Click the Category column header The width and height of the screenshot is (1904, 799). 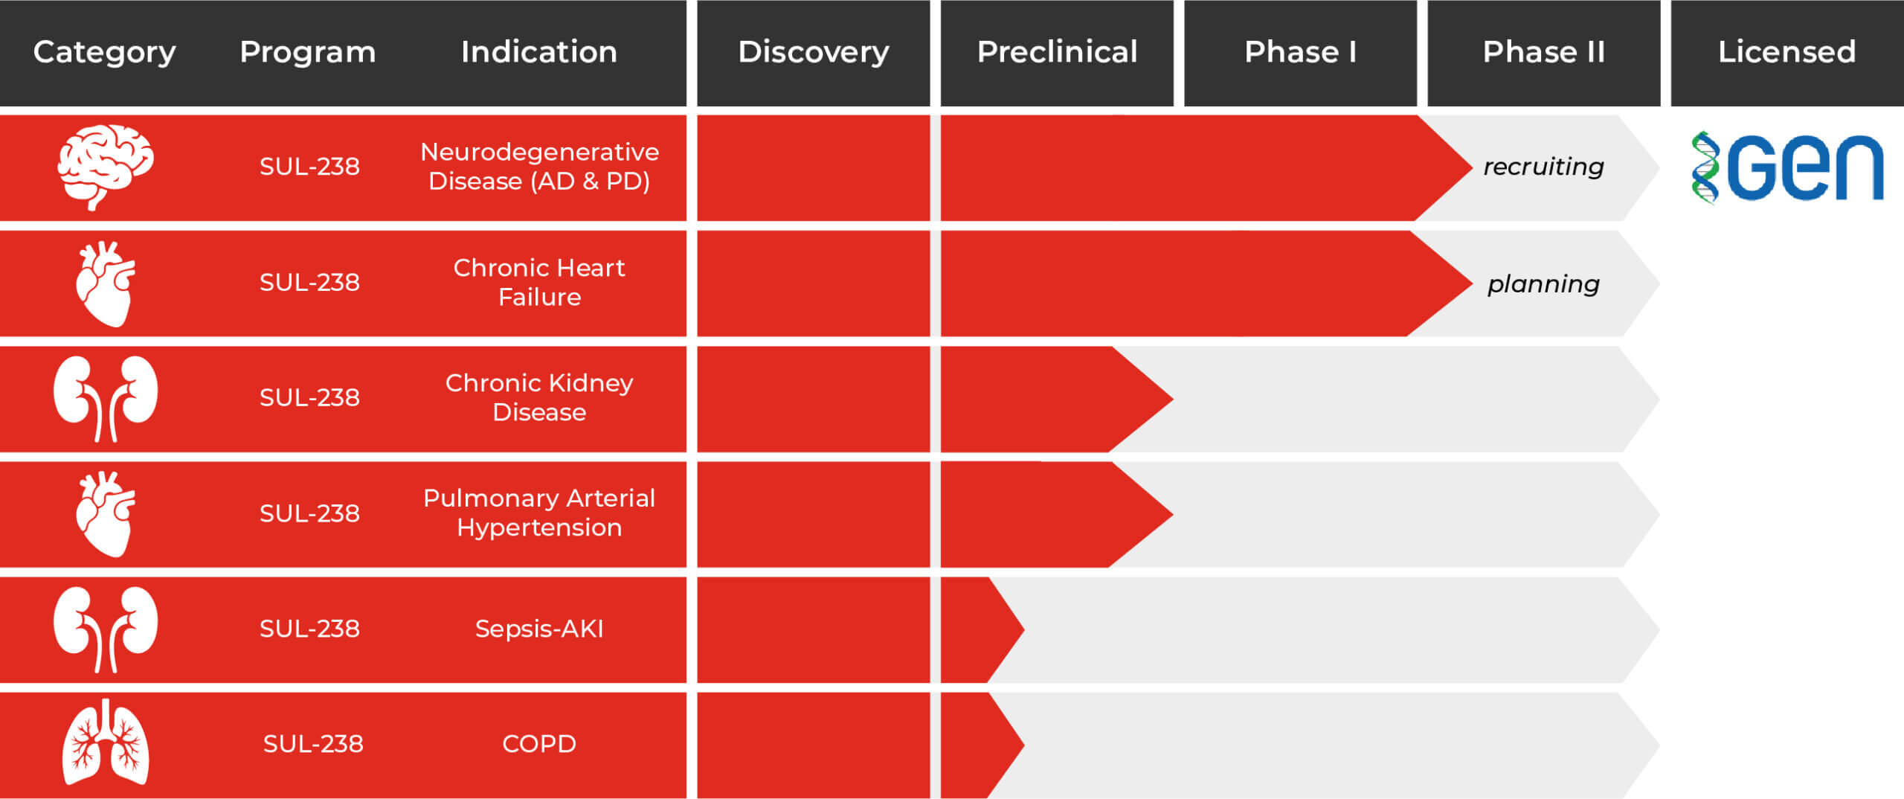[x=105, y=52]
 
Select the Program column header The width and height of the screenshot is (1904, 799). [x=308, y=52]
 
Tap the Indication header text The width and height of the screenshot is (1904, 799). [x=539, y=52]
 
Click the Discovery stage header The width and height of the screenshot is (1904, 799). [x=814, y=52]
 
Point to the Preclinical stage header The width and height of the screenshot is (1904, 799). [x=1057, y=52]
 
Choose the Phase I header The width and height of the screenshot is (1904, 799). [x=1300, y=52]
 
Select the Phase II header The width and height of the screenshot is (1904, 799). [x=1544, y=52]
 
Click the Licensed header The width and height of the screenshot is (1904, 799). [x=1787, y=52]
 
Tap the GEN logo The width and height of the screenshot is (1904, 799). [x=1787, y=167]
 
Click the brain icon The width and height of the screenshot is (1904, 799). [x=106, y=167]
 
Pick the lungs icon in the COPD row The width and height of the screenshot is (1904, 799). [x=106, y=742]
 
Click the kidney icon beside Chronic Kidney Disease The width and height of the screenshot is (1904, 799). [x=106, y=399]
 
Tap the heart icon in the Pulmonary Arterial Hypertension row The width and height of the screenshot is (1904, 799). [x=106, y=513]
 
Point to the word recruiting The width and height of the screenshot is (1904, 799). [x=1543, y=167]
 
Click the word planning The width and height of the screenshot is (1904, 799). [x=1543, y=283]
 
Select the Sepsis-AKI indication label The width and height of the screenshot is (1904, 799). [x=539, y=629]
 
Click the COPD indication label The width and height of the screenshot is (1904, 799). [x=539, y=744]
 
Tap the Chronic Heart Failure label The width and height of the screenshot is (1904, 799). [x=539, y=282]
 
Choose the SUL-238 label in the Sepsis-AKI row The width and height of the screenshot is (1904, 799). [x=309, y=629]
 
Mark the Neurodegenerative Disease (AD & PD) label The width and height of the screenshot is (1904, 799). [x=539, y=167]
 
